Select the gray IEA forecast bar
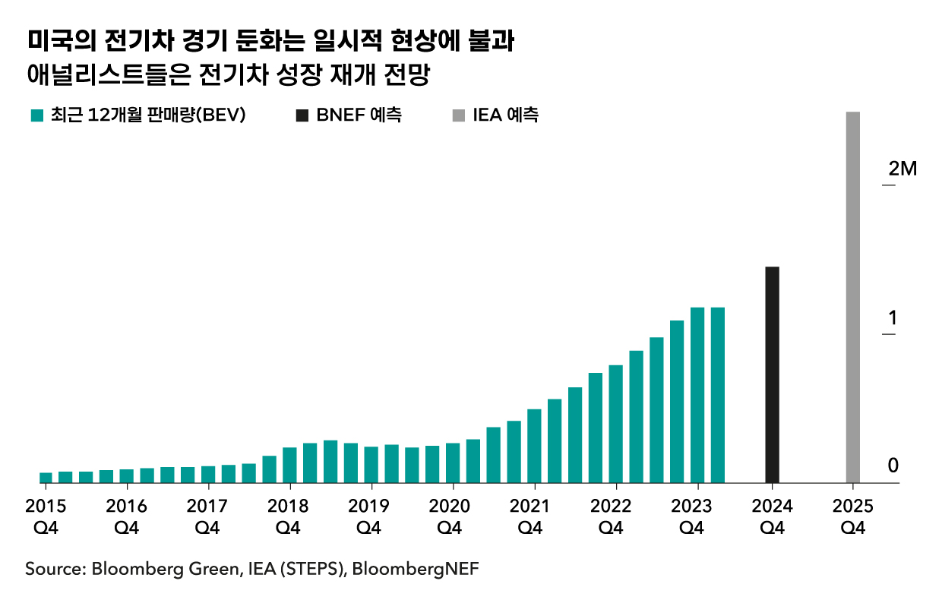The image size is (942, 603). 852,297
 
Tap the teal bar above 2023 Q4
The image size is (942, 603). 697,395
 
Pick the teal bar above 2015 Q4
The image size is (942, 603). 46,477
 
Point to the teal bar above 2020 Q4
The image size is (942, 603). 453,463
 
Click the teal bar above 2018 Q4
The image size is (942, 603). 289,465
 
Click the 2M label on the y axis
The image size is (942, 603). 902,169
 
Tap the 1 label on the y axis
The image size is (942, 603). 893,317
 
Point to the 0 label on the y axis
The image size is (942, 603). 893,465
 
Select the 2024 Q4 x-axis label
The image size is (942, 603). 772,516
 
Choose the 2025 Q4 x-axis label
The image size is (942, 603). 852,516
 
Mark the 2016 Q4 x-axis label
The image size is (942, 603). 127,516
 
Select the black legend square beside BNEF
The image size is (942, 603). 302,116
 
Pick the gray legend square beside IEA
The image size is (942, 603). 457,116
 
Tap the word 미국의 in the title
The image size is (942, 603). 55,42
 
